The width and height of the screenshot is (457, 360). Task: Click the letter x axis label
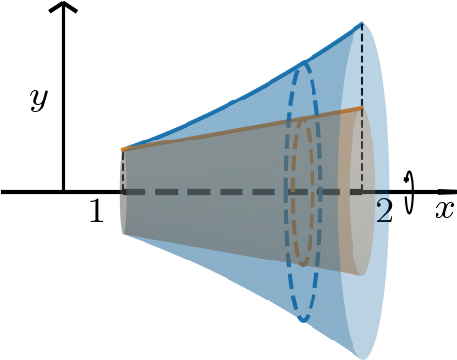[x=444, y=209]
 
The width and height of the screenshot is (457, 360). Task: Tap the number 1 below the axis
[x=96, y=213]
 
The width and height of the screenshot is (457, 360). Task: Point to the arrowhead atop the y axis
[x=63, y=9]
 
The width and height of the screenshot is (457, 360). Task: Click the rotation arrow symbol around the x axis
[x=410, y=191]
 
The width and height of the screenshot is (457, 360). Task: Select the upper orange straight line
[x=244, y=130]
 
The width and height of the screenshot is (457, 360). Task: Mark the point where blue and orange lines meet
[x=123, y=149]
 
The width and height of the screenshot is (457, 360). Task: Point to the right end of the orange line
[x=362, y=108]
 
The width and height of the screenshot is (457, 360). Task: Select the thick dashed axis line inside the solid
[x=215, y=192]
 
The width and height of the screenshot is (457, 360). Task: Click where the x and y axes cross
[x=63, y=192]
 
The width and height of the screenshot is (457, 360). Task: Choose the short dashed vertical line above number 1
[x=123, y=171]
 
